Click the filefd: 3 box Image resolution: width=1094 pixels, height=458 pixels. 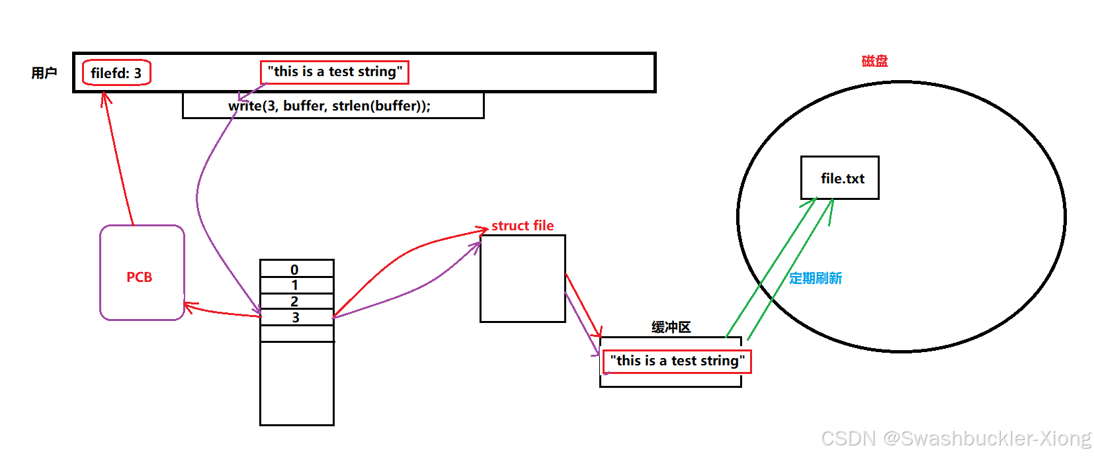pyautogui.click(x=116, y=73)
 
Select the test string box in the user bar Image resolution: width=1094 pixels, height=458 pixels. pyautogui.click(x=335, y=72)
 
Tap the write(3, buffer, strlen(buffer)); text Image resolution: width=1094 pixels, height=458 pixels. pyautogui.click(x=329, y=106)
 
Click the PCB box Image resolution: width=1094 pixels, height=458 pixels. pyautogui.click(x=142, y=273)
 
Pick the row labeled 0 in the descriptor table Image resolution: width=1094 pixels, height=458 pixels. pyautogui.click(x=296, y=269)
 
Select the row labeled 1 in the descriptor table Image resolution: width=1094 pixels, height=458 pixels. pyautogui.click(x=296, y=285)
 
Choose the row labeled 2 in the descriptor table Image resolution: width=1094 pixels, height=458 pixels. pyautogui.click(x=296, y=301)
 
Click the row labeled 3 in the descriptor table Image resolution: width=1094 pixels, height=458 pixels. pyautogui.click(x=296, y=318)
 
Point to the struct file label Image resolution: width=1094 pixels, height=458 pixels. pyautogui.click(x=523, y=226)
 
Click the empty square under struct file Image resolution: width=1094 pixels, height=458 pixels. pyautogui.click(x=523, y=279)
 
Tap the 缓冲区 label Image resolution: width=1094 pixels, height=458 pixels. pyautogui.click(x=671, y=327)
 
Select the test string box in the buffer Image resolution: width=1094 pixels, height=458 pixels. pyautogui.click(x=677, y=361)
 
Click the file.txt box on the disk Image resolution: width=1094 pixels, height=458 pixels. pyautogui.click(x=839, y=178)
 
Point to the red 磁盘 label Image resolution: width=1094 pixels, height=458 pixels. pyautogui.click(x=874, y=61)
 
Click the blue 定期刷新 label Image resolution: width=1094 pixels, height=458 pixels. pyautogui.click(x=816, y=278)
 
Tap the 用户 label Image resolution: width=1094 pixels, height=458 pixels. pyautogui.click(x=44, y=73)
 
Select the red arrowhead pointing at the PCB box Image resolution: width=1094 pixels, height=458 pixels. pyautogui.click(x=189, y=306)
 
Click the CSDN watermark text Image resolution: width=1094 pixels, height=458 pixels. pyautogui.click(x=956, y=438)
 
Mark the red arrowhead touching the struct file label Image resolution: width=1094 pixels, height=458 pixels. pyautogui.click(x=483, y=230)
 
